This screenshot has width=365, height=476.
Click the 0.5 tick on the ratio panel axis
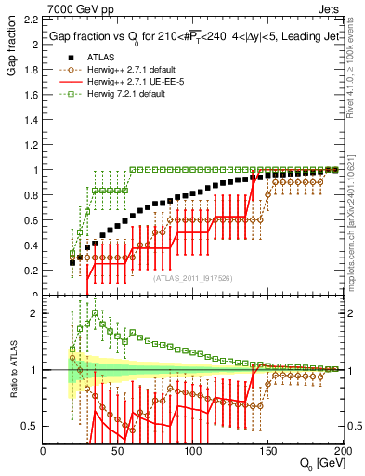click(30, 426)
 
